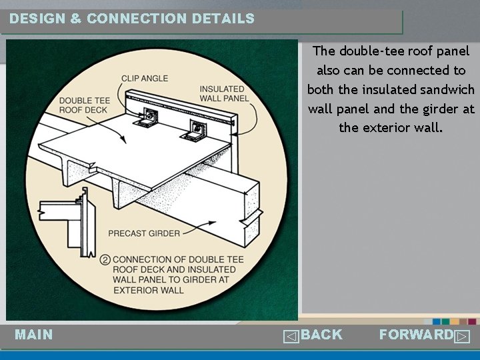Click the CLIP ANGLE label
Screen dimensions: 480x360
coord(145,79)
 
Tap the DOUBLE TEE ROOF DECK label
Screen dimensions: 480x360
coord(85,105)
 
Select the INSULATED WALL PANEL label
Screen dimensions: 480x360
coord(224,94)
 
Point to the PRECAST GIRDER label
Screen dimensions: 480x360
coord(144,233)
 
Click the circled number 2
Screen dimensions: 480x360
coord(105,260)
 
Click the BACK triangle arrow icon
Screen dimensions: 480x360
coord(291,337)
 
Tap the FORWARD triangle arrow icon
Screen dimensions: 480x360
coord(462,337)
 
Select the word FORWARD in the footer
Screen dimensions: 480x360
coord(416,334)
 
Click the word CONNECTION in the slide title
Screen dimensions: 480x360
coord(137,19)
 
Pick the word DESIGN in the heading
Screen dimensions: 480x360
coord(37,19)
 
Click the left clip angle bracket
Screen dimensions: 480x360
coord(146,118)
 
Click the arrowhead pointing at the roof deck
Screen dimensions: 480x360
coord(123,139)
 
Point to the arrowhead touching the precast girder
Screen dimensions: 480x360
coord(212,223)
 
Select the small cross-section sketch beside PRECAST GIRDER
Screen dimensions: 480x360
coord(67,222)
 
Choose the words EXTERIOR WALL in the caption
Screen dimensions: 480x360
coord(149,290)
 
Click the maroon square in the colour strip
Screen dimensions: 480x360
coord(472,322)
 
